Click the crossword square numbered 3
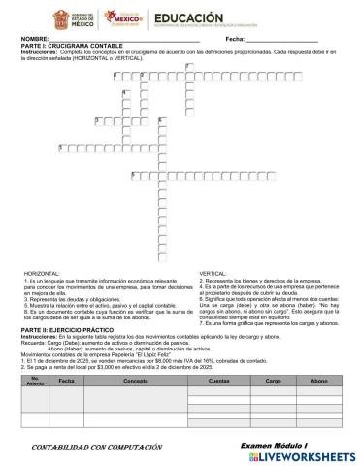pyautogui.click(x=98, y=119)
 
